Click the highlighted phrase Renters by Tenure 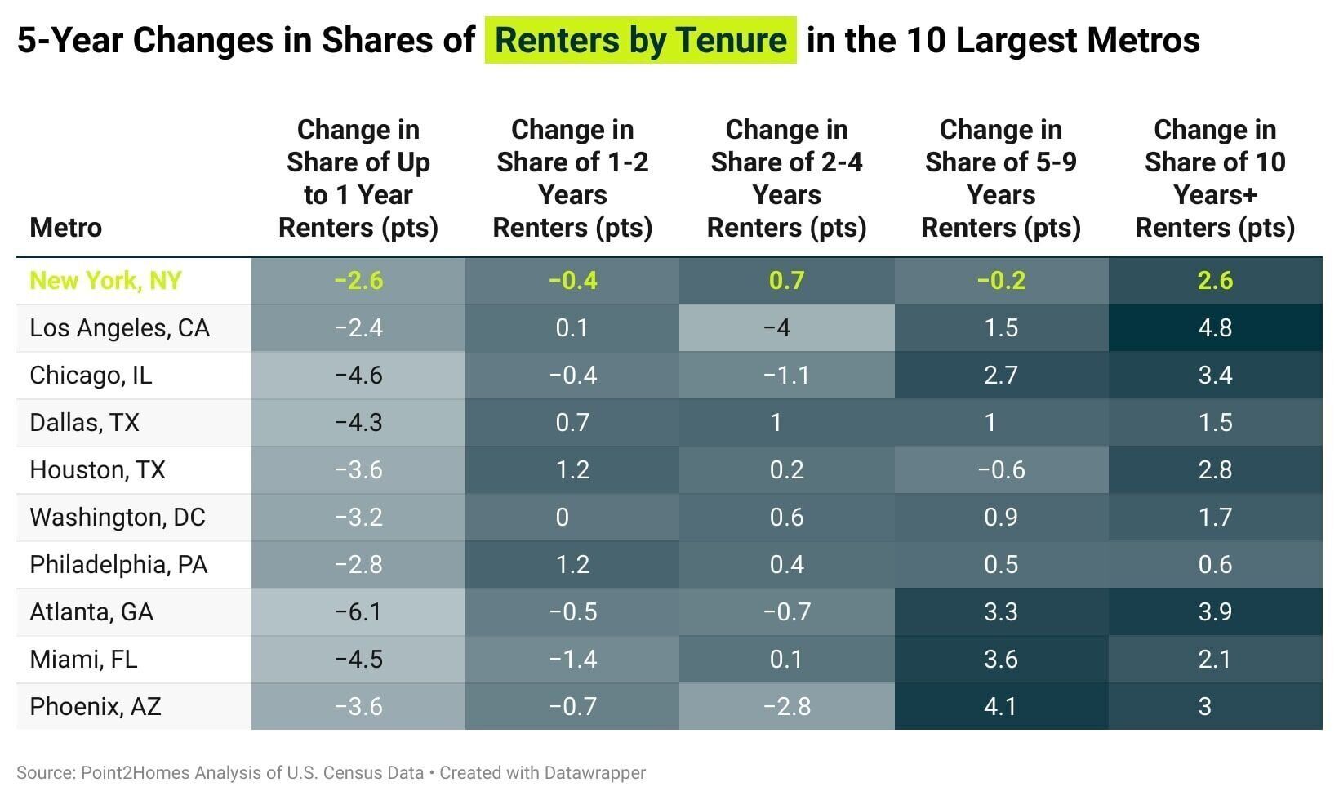[x=640, y=40]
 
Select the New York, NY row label [x=105, y=281]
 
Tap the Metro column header [x=65, y=227]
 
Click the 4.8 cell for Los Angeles [x=1215, y=328]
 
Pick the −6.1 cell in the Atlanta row [x=358, y=612]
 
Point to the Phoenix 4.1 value [x=1000, y=707]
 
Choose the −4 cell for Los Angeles [x=786, y=328]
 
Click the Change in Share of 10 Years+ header [x=1215, y=179]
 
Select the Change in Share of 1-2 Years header [x=572, y=179]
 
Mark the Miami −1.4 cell [x=572, y=660]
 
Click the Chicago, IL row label [x=91, y=376]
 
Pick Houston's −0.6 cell [x=1000, y=470]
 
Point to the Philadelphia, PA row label [x=118, y=565]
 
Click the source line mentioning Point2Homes [x=220, y=773]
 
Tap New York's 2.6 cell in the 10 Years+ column [x=1215, y=281]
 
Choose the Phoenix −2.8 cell [x=786, y=707]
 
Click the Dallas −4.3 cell [x=358, y=423]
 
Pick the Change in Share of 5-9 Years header [x=1000, y=179]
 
